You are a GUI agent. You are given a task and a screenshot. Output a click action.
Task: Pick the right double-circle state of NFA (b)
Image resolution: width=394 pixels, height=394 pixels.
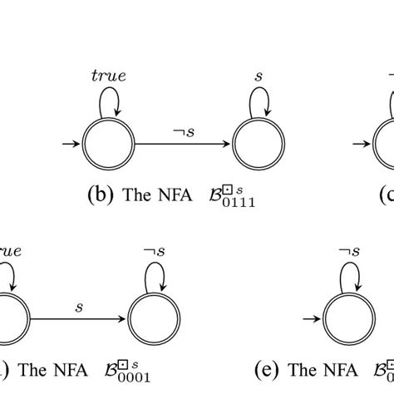(x=259, y=150)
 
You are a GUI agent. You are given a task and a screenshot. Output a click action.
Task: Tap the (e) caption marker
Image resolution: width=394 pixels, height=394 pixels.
(x=266, y=367)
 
